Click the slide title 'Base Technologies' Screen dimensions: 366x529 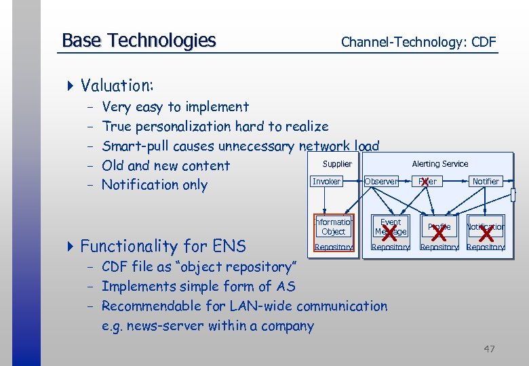(138, 41)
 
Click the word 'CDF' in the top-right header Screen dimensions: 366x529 (484, 42)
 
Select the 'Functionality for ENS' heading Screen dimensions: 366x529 (163, 245)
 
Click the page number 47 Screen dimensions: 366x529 (489, 349)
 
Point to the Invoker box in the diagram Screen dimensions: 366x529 (326, 182)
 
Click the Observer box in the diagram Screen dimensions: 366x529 (380, 182)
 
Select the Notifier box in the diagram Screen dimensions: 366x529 (485, 182)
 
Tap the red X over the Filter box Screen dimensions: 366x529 (425, 181)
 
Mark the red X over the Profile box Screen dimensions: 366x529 (439, 232)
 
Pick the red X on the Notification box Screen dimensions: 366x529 (486, 232)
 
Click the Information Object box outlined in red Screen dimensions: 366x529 (333, 227)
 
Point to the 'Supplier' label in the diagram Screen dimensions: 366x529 (337, 164)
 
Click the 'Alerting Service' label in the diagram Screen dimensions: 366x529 (439, 164)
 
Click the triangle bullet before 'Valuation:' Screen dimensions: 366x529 (71, 85)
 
